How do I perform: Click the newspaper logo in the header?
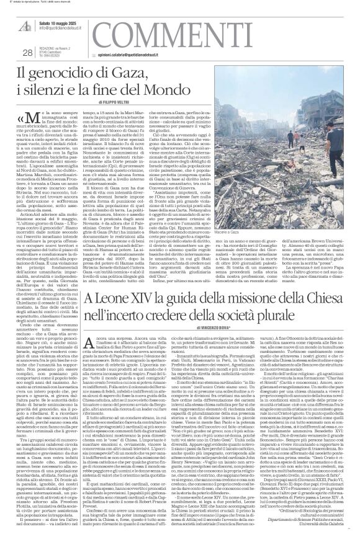click(23, 24)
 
